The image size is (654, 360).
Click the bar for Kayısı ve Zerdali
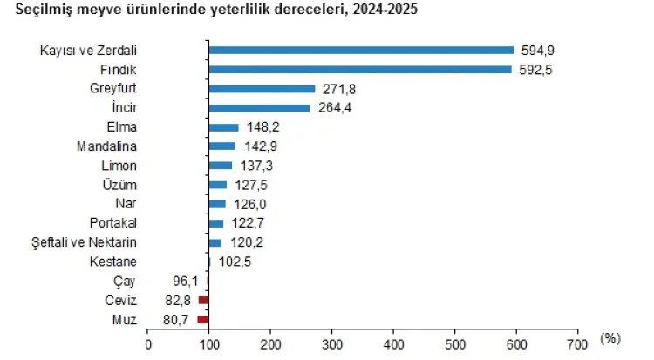coord(361,50)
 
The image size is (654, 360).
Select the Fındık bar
coord(360,69)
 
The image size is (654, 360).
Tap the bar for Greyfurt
coord(262,88)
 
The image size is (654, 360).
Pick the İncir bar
coord(259,107)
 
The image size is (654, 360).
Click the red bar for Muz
coord(203,319)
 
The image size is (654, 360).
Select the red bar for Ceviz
coord(204,300)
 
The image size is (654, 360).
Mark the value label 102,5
coord(233,262)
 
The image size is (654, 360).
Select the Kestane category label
coord(113,262)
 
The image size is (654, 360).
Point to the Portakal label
coord(113,223)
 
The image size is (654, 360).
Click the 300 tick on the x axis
coord(331,343)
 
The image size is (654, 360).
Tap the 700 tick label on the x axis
coord(577,343)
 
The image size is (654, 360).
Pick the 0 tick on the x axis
coord(148,343)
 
